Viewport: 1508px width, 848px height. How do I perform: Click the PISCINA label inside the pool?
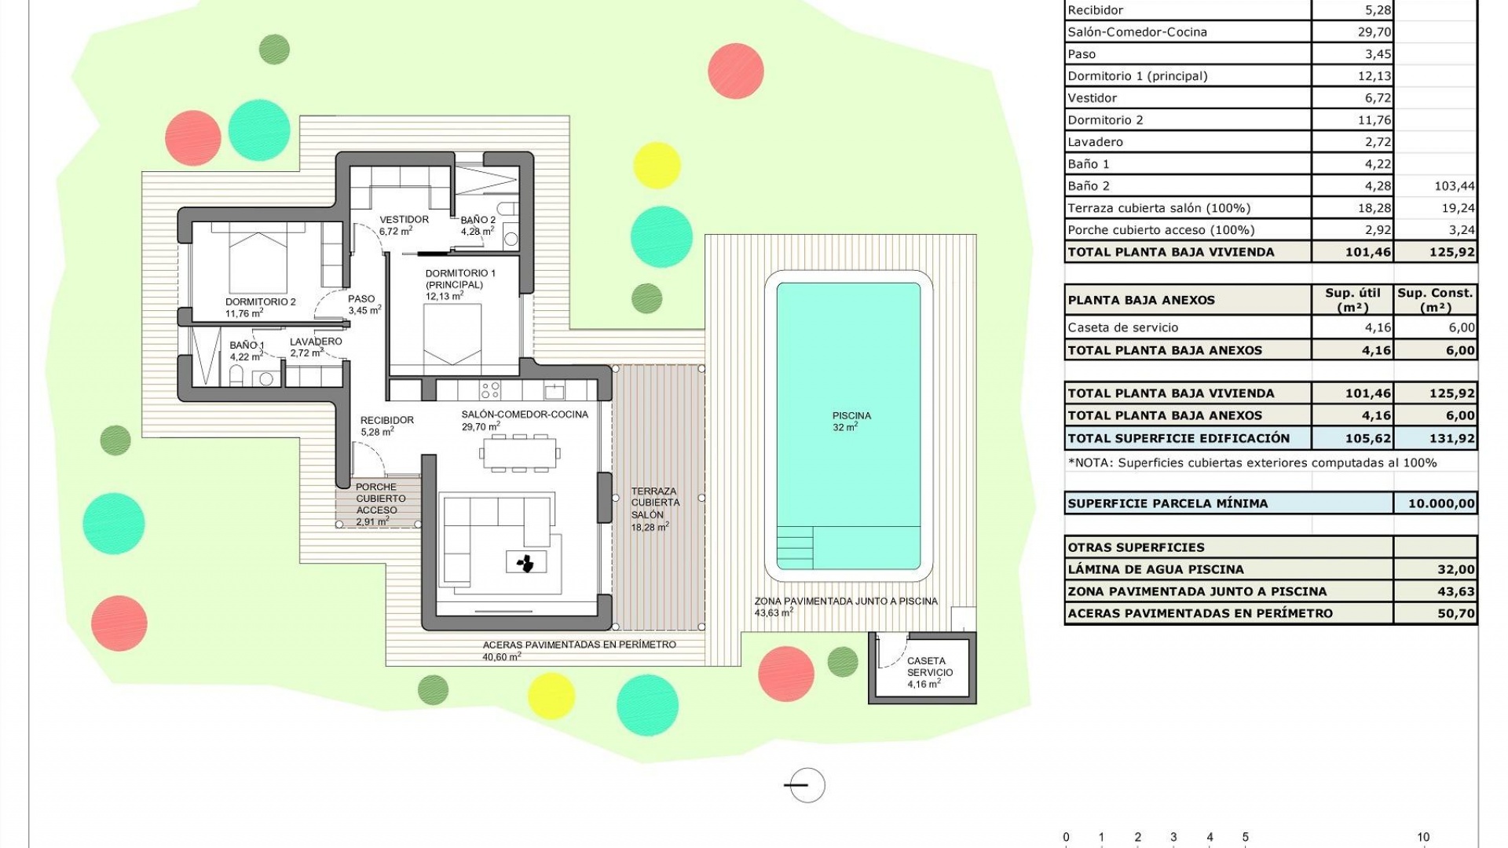(851, 416)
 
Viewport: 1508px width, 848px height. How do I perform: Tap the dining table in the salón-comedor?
(520, 453)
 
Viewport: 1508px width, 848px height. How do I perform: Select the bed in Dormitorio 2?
(258, 259)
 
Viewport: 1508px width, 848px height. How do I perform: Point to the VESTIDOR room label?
(404, 220)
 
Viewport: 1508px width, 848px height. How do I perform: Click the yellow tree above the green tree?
(656, 165)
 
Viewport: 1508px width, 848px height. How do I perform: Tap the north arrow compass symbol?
(806, 784)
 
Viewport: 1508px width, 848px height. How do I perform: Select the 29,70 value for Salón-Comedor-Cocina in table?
(1374, 32)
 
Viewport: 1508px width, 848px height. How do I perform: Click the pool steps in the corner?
(795, 547)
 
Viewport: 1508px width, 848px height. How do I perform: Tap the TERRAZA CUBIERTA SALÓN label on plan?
(655, 503)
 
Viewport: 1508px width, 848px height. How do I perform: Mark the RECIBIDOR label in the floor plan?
(386, 420)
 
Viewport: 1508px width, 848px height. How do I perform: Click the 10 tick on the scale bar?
(1422, 838)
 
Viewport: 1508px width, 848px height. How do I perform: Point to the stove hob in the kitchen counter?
(490, 389)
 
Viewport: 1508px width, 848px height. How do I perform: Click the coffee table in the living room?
(526, 562)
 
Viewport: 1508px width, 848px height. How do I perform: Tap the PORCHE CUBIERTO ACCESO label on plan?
(381, 499)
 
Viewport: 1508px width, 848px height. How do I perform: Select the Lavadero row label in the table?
(1095, 142)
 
